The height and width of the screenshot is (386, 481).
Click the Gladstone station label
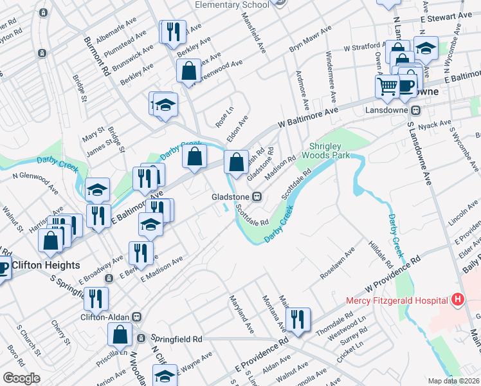point(231,196)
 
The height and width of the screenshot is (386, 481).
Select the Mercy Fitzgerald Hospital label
point(396,300)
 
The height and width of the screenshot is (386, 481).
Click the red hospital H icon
point(457,299)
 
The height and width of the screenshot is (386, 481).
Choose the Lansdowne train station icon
point(416,109)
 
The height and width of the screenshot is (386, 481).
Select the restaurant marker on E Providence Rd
point(298,320)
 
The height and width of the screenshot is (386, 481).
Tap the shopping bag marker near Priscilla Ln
point(120,335)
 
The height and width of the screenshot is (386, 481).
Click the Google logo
point(21,378)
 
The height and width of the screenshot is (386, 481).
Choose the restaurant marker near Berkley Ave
point(172,32)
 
